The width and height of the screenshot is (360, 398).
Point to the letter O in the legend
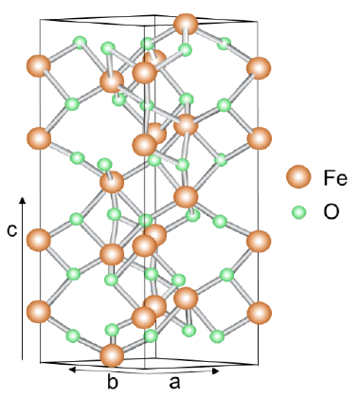[x=332, y=213]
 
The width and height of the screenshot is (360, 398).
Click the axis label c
[x=12, y=230]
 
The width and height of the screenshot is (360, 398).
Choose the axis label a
[x=174, y=382]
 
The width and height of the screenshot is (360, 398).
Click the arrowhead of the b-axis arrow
[x=69, y=369]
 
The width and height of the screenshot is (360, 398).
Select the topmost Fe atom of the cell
[x=187, y=24]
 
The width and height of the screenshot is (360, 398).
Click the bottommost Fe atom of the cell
[x=112, y=356]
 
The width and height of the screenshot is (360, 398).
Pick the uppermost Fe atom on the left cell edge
[x=39, y=66]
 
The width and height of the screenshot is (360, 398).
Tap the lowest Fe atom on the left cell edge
[x=39, y=312]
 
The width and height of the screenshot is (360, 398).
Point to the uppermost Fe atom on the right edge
[x=259, y=67]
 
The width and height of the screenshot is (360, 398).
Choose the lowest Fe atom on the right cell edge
[x=259, y=313]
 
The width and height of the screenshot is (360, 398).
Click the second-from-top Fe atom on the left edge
[x=39, y=138]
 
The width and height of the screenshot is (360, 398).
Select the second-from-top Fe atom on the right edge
[x=259, y=138]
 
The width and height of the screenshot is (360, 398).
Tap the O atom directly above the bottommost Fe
[x=113, y=330]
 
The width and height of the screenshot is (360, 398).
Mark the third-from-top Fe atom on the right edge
[x=259, y=241]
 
